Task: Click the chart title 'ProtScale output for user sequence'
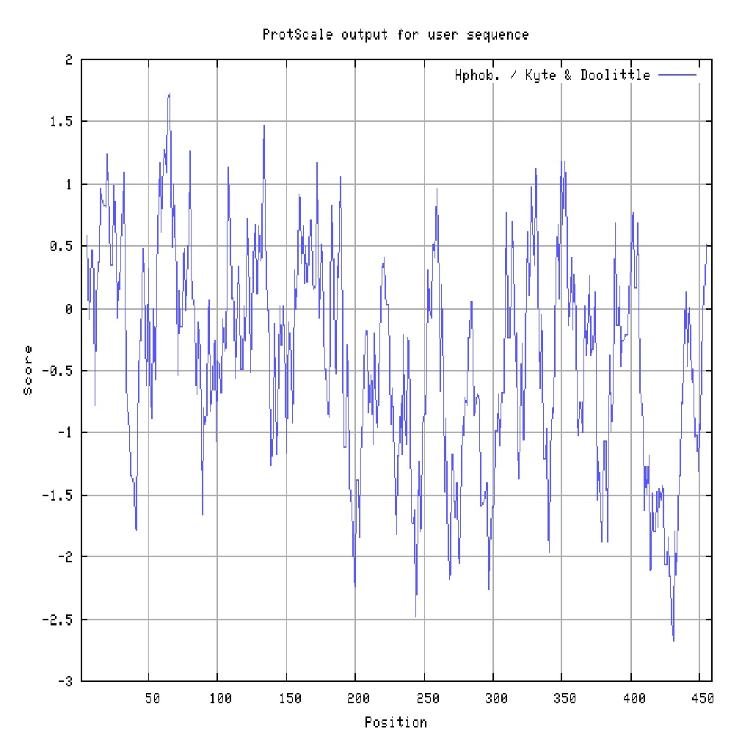396,35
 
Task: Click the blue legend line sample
676,76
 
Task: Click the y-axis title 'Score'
29,370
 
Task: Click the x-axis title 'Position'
396,722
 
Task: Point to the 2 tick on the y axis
68,60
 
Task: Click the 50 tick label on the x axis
152,698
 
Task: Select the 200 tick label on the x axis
356,698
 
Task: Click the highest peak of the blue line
170,94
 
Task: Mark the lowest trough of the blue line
674,641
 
